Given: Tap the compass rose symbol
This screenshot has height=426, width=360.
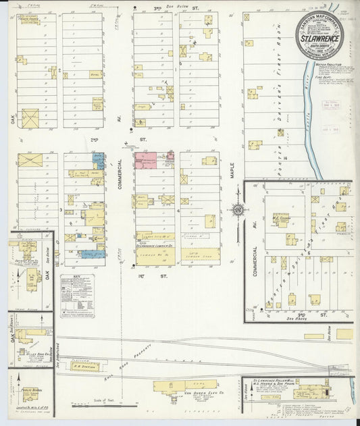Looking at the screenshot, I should (x=238, y=211).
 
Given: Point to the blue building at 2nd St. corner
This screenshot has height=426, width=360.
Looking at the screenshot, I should (x=99, y=161).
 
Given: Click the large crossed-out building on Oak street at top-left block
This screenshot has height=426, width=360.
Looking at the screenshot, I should (x=30, y=117).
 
